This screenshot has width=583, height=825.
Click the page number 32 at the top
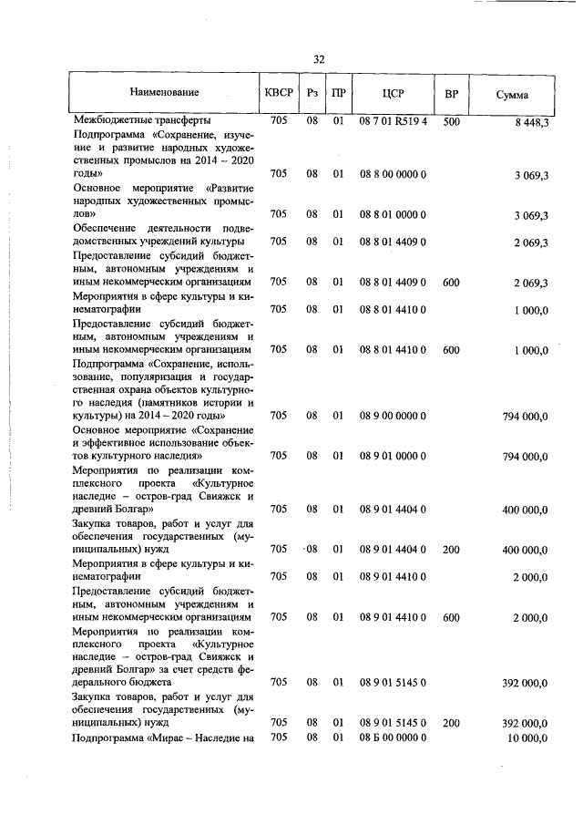click(x=319, y=59)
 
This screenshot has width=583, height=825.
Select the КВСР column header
click(x=279, y=94)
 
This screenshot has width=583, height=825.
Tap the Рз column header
click(x=312, y=94)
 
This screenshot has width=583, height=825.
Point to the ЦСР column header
click(x=394, y=94)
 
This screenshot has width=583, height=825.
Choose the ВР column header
click(x=451, y=94)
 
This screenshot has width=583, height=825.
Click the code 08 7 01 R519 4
click(x=394, y=120)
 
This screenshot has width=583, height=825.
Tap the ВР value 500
click(x=451, y=120)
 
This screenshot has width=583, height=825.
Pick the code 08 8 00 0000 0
click(x=394, y=173)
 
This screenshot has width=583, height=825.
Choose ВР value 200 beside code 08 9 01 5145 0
click(x=451, y=723)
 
